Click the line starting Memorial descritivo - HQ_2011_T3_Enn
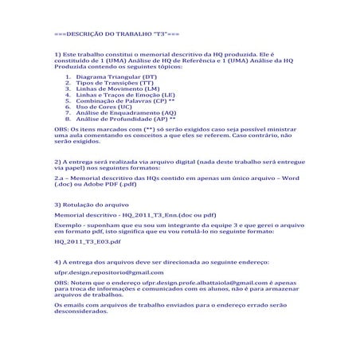(128, 215)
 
